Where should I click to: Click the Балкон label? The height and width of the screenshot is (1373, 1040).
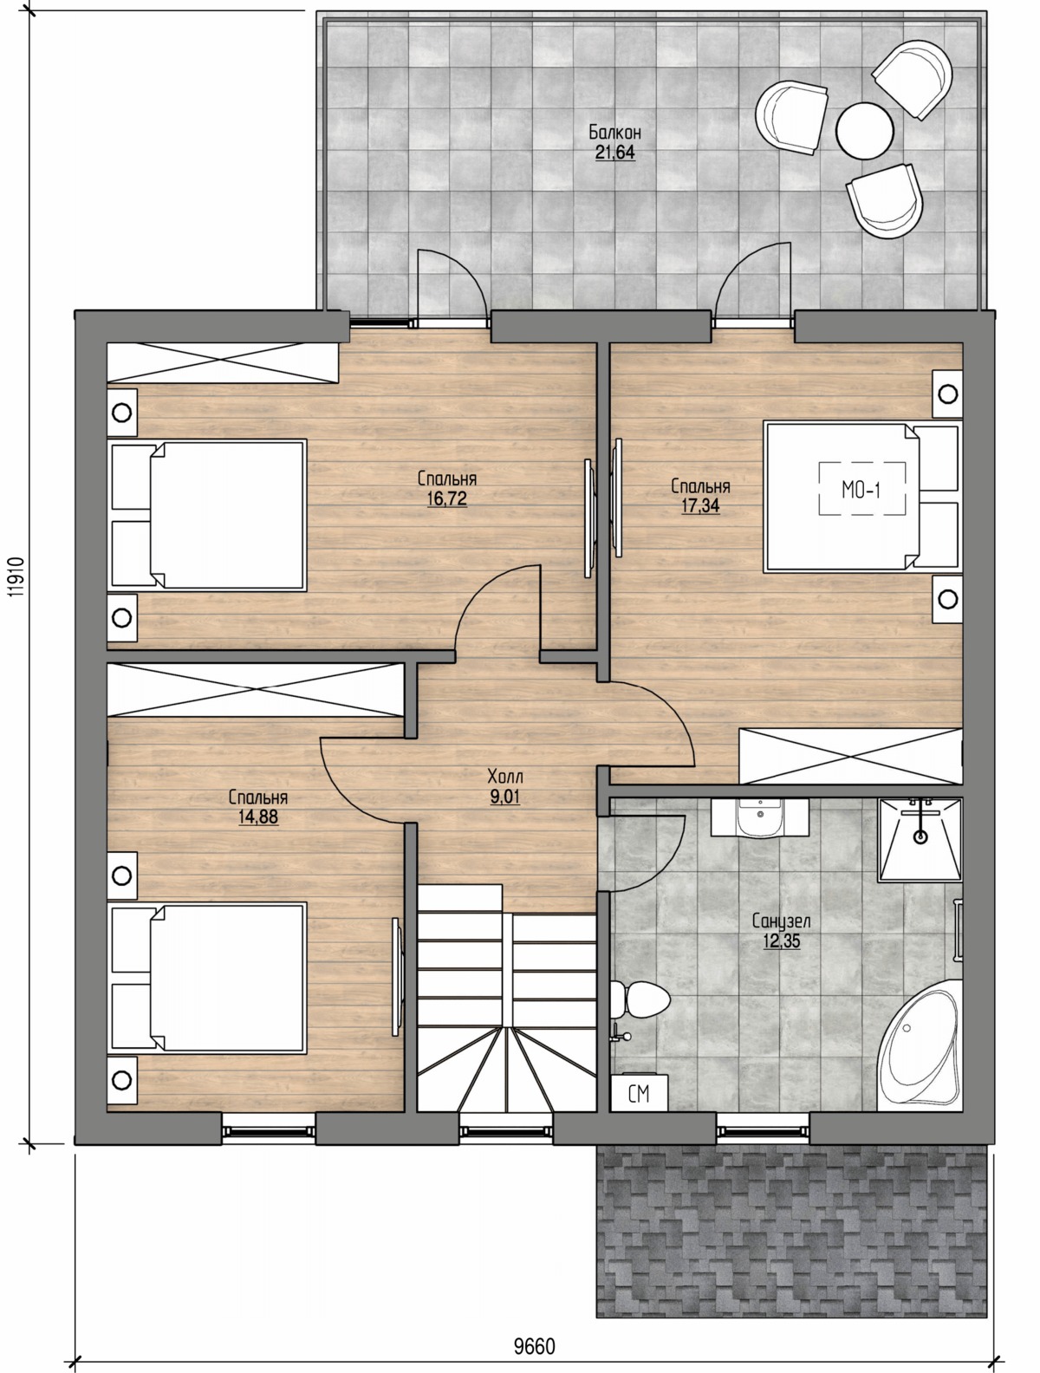click(x=614, y=132)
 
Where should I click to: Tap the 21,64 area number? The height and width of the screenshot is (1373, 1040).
click(x=614, y=152)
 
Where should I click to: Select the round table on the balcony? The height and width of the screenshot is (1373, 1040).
click(x=864, y=131)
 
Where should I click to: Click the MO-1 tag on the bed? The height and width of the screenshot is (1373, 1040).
click(x=861, y=490)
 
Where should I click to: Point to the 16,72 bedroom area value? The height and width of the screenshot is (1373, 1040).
click(x=446, y=498)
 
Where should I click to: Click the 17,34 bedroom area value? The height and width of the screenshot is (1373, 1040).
click(x=700, y=505)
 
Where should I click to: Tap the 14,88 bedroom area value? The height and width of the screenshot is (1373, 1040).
click(x=257, y=817)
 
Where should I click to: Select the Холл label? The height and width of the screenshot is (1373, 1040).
click(x=505, y=777)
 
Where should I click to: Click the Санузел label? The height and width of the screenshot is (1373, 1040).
click(x=781, y=921)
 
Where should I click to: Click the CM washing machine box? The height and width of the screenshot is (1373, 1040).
click(x=639, y=1093)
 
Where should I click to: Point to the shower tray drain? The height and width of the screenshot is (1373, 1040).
click(x=920, y=836)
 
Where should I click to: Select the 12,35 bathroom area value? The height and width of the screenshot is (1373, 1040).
click(x=781, y=940)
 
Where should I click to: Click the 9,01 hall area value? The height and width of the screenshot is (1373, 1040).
click(x=505, y=797)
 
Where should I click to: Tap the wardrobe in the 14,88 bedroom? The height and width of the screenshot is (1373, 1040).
click(x=255, y=689)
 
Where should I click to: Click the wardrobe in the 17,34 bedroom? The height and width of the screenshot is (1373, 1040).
click(x=850, y=756)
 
